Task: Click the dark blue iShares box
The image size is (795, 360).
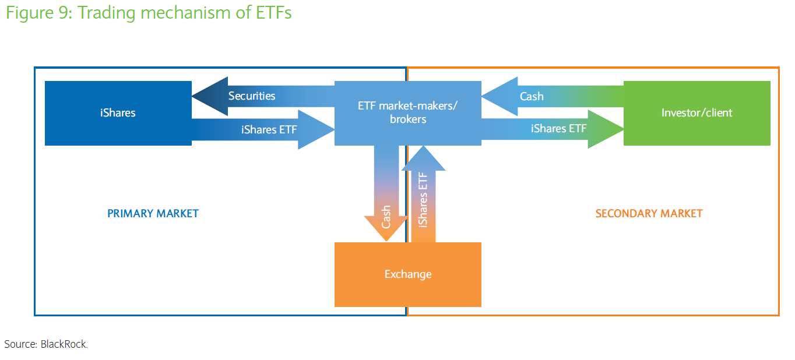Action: pyautogui.click(x=118, y=113)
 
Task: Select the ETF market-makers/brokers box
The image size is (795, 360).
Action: pyautogui.click(x=407, y=112)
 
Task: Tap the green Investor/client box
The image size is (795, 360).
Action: pyautogui.click(x=696, y=113)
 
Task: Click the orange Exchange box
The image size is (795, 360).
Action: pyautogui.click(x=407, y=274)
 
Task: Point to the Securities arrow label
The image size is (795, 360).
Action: pyautogui.click(x=252, y=96)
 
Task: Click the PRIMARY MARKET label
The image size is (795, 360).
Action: pyautogui.click(x=153, y=214)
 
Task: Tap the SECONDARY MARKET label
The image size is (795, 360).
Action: pyautogui.click(x=649, y=214)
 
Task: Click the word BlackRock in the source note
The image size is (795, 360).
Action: pyautogui.click(x=64, y=344)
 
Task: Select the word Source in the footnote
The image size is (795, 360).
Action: pyautogui.click(x=19, y=344)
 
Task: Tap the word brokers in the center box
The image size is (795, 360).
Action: pyautogui.click(x=408, y=119)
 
